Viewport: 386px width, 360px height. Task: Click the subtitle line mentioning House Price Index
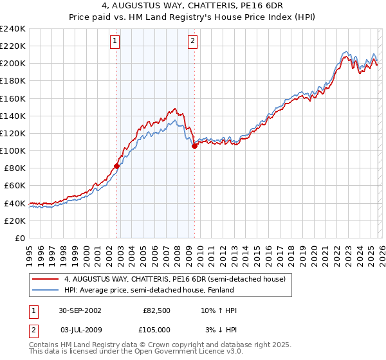point(193,18)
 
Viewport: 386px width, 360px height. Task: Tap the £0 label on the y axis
point(19,238)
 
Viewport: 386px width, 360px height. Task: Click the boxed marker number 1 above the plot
point(115,42)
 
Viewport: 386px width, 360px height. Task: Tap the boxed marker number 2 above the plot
point(192,42)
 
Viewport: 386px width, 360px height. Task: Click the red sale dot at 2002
point(116,166)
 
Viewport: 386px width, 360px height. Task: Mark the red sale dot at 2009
point(194,147)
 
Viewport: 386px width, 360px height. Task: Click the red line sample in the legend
point(46,279)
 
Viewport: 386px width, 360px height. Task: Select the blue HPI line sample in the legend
point(46,290)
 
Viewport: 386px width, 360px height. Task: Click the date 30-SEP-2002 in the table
point(79,310)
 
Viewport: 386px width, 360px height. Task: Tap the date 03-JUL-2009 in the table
point(79,330)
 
